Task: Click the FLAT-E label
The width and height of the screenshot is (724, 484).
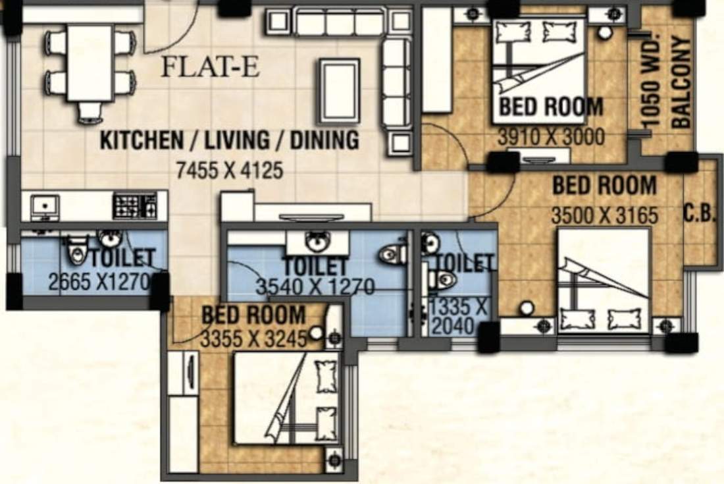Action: coord(211,67)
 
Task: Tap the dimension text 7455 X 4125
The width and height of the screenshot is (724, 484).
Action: coord(230,171)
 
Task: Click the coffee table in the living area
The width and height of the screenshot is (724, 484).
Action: coord(340,91)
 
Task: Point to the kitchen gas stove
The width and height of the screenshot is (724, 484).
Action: coord(135,205)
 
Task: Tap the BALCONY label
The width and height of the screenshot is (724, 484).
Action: coord(682,82)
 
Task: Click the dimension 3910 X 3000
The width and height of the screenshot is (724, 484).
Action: coord(551,138)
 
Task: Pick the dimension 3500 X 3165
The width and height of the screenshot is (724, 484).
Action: coord(604,215)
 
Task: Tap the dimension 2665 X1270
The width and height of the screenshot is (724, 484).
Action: coord(100,282)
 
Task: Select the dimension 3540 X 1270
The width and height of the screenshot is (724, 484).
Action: coord(315,287)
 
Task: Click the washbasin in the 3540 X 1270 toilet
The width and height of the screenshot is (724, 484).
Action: coord(318,242)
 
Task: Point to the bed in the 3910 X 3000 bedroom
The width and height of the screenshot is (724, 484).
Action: coord(539,69)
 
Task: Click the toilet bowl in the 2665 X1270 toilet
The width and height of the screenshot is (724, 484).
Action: coord(76,250)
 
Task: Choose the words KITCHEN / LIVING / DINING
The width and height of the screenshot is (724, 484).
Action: coord(230,140)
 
